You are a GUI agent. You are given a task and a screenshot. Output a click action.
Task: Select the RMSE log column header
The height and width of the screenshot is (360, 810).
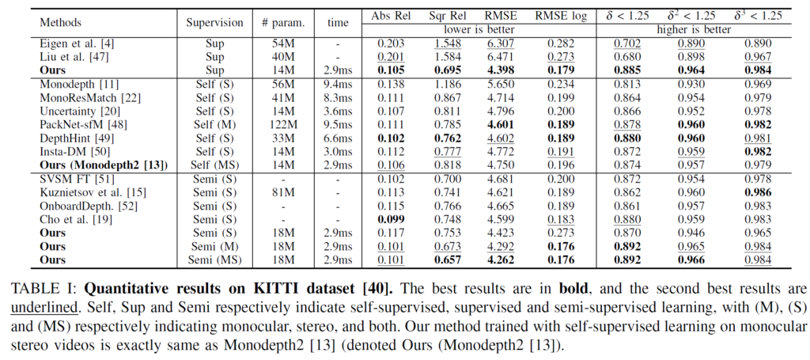click(x=561, y=16)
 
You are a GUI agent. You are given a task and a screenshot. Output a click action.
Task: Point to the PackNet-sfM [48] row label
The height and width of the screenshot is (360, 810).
click(x=78, y=125)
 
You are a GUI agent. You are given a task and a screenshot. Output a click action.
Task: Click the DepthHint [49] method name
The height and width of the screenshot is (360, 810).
click(x=72, y=138)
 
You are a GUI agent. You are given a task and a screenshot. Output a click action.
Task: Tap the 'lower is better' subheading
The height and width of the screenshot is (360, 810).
click(x=471, y=29)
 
